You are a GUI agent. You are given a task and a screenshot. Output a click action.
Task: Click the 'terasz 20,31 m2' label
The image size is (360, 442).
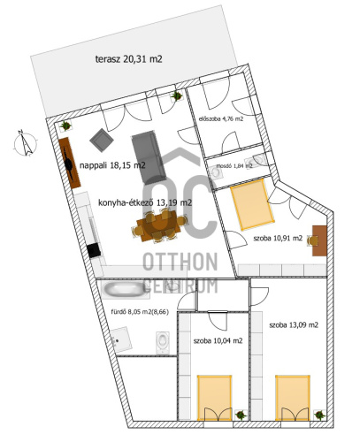[129, 59]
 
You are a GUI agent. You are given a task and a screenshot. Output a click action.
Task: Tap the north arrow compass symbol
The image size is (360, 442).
[26, 143]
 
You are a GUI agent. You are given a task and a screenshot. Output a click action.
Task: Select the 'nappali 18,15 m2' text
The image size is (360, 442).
[112, 165]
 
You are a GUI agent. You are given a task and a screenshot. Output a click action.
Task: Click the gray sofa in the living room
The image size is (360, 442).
[149, 157]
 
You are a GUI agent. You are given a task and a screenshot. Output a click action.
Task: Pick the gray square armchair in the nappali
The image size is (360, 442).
[102, 140]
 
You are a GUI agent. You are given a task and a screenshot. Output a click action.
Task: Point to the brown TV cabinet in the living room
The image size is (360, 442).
[70, 163]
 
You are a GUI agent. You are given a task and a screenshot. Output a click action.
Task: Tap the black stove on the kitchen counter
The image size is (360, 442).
[94, 251]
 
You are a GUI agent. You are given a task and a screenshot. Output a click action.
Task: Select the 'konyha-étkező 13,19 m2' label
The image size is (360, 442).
[145, 202]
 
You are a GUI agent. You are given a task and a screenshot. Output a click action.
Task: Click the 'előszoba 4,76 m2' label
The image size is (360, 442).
[221, 119]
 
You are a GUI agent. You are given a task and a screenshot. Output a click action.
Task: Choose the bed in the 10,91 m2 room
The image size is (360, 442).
[252, 204]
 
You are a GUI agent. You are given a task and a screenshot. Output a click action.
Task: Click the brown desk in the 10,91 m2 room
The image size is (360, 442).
[319, 240]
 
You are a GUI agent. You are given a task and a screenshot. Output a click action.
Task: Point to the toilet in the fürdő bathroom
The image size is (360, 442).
[163, 342]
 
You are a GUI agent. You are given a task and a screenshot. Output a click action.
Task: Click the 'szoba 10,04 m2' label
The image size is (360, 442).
[218, 341]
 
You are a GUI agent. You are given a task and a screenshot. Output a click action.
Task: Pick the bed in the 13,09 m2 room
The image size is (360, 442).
[293, 398]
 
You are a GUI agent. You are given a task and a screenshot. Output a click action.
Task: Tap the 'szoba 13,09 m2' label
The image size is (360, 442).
[294, 325]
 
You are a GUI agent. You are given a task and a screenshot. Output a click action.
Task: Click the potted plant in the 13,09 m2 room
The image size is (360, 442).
[319, 415]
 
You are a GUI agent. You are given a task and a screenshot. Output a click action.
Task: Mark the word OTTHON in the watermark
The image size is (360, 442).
[180, 262]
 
